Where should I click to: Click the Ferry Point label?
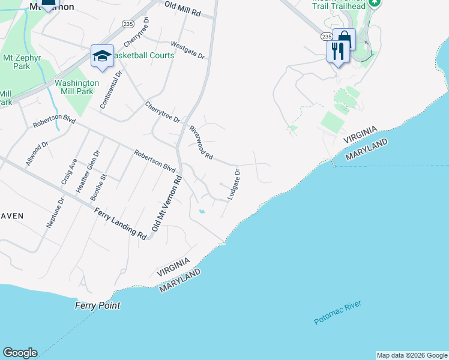point(97,305)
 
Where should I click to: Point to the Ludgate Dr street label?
point(234,184)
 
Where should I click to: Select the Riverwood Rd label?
point(201,143)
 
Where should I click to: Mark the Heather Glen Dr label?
point(85,170)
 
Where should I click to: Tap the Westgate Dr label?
point(188,50)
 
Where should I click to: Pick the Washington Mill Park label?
point(77,87)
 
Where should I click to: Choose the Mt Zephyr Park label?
point(17,62)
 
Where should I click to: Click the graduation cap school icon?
point(102,56)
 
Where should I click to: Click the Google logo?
point(20,353)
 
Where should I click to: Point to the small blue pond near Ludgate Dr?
point(202,211)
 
